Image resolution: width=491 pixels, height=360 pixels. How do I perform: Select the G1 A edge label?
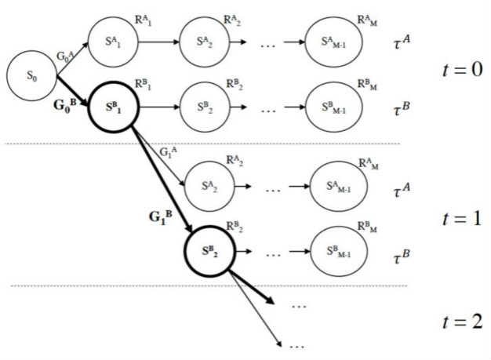pos(169,151)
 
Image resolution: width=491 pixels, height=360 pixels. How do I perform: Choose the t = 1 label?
pos(461,217)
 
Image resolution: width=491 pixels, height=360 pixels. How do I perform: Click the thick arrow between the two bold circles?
pos(161,177)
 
